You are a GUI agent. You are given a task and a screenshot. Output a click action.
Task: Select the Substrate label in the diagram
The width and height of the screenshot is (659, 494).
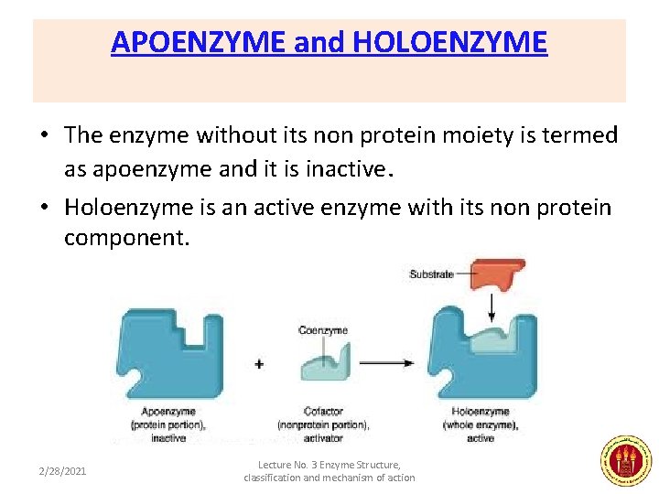(x=431, y=274)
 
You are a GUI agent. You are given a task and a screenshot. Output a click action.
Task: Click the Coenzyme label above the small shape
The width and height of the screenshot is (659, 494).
(x=323, y=330)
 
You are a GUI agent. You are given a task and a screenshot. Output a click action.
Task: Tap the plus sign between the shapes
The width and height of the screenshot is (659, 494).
(x=259, y=364)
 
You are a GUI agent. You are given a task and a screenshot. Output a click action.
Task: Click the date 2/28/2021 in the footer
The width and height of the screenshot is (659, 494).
(x=63, y=471)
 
